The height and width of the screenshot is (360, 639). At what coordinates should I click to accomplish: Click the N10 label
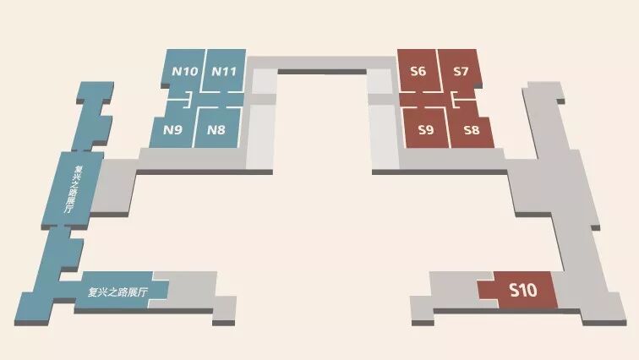coord(185,71)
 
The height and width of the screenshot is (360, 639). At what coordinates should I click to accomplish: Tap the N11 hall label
coord(223,71)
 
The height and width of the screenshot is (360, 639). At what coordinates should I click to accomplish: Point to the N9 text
coord(172,130)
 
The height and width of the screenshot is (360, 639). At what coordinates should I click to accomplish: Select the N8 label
coord(216,130)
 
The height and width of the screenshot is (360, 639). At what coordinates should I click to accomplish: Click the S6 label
coord(418,71)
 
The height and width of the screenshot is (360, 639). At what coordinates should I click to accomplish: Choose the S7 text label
coord(461,71)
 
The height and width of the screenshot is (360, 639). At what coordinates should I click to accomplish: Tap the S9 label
coord(426,130)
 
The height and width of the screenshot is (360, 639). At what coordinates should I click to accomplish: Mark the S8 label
coord(472,130)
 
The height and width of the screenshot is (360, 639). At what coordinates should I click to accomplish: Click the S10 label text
coord(522,291)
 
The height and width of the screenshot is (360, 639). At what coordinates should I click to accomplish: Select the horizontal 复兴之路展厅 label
coord(118,292)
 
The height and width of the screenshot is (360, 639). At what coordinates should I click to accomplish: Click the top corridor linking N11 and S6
coord(321,64)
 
